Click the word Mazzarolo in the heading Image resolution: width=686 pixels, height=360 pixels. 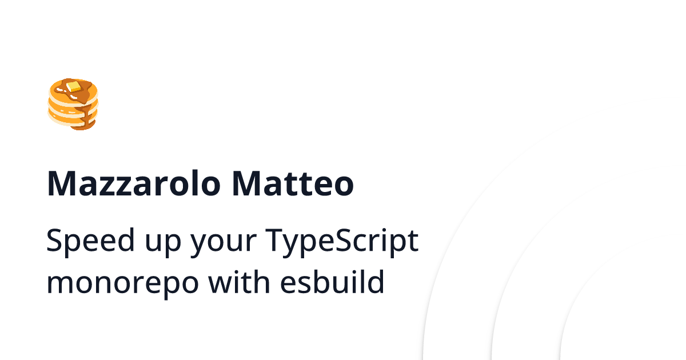pyautogui.click(x=134, y=183)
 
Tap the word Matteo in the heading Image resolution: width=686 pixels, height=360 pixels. pyautogui.click(x=293, y=183)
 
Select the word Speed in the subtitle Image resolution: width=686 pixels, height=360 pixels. pyautogui.click(x=90, y=240)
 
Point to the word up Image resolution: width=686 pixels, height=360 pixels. pyautogui.click(x=163, y=243)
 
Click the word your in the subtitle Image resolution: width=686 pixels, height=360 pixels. pyautogui.click(x=224, y=243)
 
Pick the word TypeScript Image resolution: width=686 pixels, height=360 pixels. pyautogui.click(x=342, y=242)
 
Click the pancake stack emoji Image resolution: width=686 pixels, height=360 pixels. pyautogui.click(x=73, y=104)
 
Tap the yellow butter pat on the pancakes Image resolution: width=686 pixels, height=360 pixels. pyautogui.click(x=74, y=86)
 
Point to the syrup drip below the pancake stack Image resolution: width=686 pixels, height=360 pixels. pyautogui.click(x=86, y=119)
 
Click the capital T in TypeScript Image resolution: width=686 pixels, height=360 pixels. pyautogui.click(x=275, y=240)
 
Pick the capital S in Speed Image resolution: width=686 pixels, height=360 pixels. pyautogui.click(x=54, y=240)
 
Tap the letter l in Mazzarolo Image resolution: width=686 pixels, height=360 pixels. pyautogui.click(x=194, y=183)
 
